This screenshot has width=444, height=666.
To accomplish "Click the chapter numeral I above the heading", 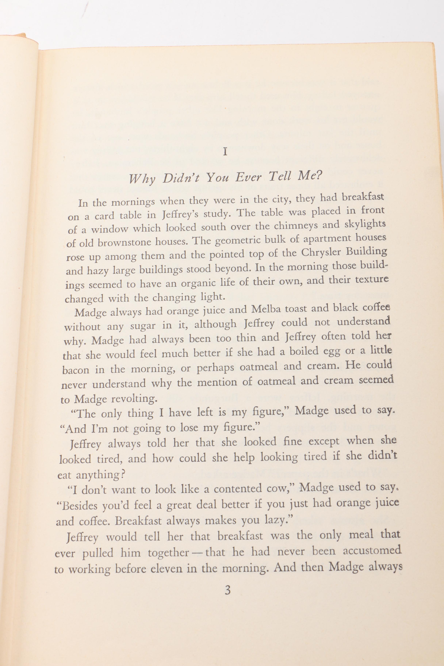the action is coord(225,152).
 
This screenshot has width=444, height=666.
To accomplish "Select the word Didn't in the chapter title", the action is coord(181,178).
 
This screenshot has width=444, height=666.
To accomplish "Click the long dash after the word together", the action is coord(196,553).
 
